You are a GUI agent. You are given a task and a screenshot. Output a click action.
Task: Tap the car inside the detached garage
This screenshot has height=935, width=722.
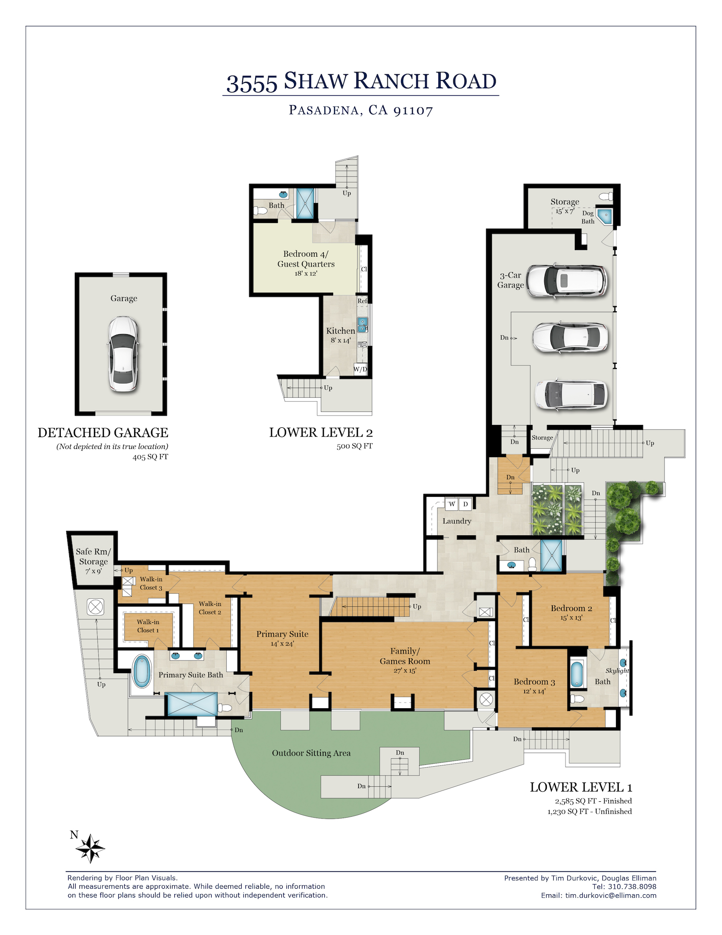coord(123,354)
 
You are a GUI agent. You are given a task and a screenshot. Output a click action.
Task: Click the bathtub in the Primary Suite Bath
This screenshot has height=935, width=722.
coord(142,671)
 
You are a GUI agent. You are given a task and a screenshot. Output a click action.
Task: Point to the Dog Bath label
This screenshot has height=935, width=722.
coord(588,217)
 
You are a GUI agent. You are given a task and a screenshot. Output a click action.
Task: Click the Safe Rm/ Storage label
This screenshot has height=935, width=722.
coord(93,556)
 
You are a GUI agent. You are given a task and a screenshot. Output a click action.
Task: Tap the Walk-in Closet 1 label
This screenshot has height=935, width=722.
coord(148,626)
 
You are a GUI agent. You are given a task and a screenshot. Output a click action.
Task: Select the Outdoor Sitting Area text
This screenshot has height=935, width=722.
coord(311,753)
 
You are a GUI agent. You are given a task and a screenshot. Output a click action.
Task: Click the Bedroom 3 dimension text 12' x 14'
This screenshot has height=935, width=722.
coord(534,691)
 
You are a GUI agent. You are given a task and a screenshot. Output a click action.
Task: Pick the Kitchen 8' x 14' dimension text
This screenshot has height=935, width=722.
coord(341,340)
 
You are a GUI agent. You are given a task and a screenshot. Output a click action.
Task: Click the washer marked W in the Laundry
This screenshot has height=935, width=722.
coord(452,504)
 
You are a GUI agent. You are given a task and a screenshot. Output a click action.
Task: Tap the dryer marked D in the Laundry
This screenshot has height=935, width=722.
coord(465,504)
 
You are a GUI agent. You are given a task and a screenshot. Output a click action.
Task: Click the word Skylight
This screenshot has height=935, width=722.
coord(617,670)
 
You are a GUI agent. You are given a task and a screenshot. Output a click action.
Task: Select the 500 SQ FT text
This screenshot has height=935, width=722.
coord(355,446)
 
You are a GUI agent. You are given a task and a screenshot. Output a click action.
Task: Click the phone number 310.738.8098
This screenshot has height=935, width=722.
coord(632,886)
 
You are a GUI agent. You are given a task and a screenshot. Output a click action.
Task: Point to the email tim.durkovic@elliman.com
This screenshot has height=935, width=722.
coord(611,895)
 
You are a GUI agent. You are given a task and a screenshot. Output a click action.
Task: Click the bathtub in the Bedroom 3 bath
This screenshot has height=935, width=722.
coord(577,674)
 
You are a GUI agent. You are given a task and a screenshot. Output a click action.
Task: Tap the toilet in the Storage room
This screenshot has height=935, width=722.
coord(606,196)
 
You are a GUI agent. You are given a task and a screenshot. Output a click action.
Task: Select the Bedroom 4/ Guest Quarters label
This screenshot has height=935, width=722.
coord(306,259)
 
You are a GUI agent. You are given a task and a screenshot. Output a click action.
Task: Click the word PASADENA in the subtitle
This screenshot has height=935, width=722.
coord(323,110)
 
